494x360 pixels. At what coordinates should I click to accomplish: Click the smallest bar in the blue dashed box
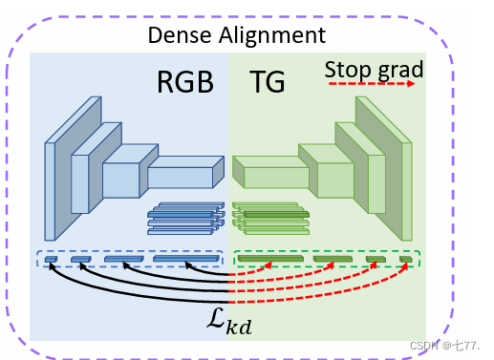(51, 258)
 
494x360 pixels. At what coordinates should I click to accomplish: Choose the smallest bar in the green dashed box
(405, 258)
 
